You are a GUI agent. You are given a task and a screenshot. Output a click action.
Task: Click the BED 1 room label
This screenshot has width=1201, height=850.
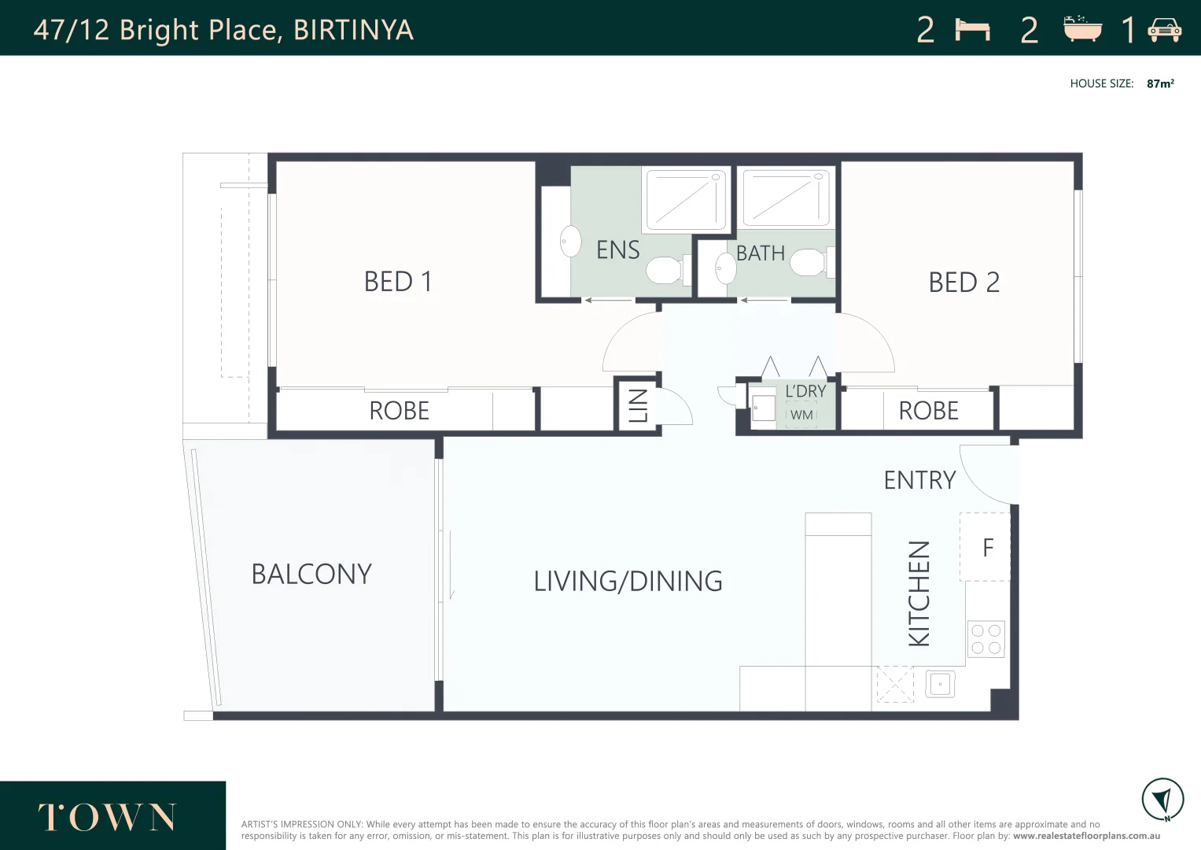pos(398,282)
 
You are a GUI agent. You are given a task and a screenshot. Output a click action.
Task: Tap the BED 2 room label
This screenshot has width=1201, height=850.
pos(963,283)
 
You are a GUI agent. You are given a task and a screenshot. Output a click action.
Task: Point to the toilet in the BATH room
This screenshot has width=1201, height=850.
pos(809,262)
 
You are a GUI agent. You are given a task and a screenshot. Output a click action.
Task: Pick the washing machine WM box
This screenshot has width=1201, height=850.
pos(801,415)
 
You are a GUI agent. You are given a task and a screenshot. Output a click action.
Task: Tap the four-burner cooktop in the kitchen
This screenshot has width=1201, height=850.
pos(985,639)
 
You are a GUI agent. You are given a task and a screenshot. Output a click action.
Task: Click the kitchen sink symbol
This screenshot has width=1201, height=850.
pos(941,684)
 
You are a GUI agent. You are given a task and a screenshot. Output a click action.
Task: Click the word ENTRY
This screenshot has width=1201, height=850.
pos(919,480)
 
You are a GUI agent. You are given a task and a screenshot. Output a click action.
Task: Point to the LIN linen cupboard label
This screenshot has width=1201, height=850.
pos(638,405)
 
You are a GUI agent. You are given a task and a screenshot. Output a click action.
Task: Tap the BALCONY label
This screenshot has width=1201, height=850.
pos(311,575)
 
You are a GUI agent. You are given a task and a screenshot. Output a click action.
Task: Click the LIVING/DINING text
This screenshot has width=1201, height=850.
pos(628,582)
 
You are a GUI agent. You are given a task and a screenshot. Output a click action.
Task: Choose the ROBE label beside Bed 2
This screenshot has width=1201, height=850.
pos(928,411)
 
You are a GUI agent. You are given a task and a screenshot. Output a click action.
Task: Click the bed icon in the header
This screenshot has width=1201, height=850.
pos(972,30)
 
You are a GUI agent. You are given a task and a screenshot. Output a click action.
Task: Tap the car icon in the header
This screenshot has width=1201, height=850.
pos(1164,30)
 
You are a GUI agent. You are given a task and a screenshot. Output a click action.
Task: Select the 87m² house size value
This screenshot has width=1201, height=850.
pos(1160,83)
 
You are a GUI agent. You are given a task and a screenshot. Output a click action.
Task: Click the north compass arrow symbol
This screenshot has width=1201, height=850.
pos(1162,800)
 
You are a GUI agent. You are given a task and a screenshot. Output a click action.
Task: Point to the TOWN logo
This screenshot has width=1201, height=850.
pos(107,818)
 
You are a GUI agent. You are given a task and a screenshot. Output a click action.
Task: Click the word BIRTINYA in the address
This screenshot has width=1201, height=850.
pos(353,30)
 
